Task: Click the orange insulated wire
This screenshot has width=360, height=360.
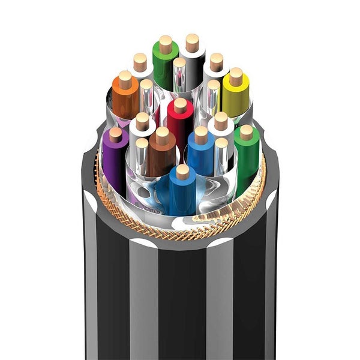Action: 125,99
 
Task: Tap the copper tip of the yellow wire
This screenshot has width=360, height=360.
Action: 236,76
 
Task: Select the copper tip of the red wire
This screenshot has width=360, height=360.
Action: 180,106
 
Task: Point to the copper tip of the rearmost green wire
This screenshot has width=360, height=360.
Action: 166,44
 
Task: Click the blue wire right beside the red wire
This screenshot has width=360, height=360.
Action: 200,153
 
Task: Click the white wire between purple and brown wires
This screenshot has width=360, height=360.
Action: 142,129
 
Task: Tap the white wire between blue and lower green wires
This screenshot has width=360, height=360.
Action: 221,129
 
